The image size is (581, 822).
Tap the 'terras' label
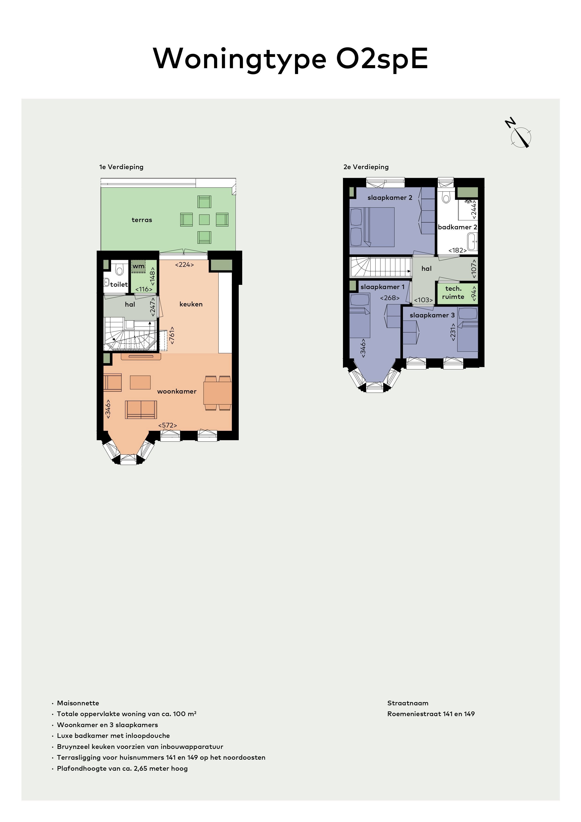[142, 220]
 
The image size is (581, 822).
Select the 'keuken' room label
[191, 304]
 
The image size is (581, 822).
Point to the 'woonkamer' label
[177, 391]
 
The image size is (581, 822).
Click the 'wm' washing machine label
[138, 266]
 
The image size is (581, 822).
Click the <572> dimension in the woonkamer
[168, 425]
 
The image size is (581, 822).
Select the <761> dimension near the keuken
[172, 335]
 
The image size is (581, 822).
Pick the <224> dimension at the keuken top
[184, 265]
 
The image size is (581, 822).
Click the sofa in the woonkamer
[141, 409]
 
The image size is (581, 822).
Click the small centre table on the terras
[205, 219]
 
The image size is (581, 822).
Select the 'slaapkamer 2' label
[390, 198]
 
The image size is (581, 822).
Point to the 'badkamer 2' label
[458, 227]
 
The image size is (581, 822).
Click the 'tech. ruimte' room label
[453, 293]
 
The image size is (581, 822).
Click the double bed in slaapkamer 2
[372, 227]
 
